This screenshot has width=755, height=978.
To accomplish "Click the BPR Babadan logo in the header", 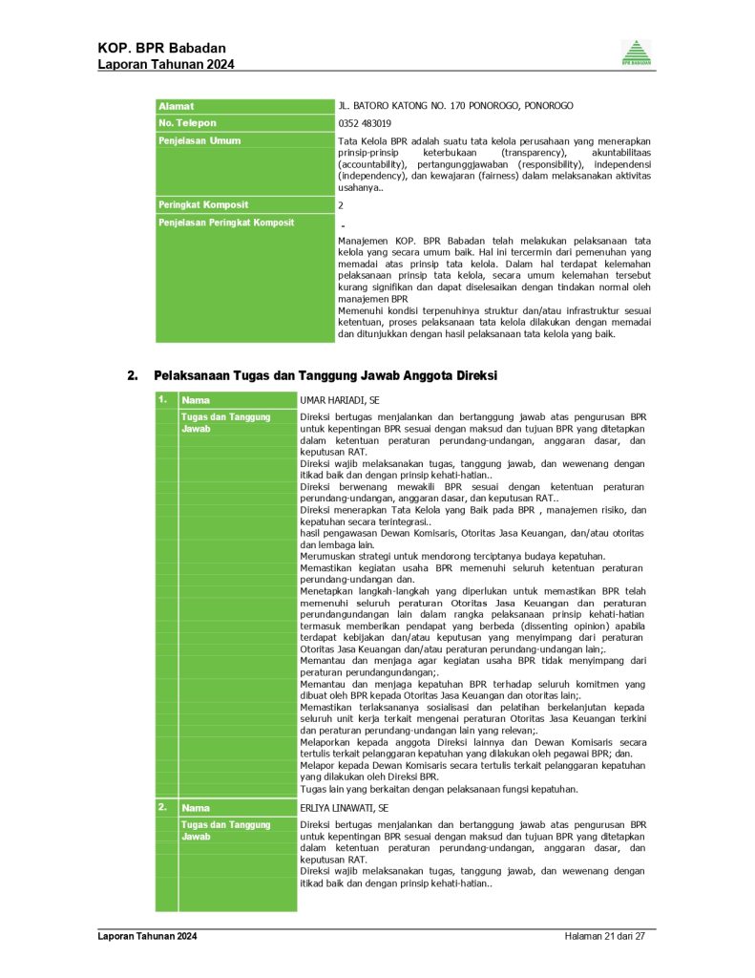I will coord(636,53).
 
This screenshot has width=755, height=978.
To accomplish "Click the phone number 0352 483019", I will coord(365,123).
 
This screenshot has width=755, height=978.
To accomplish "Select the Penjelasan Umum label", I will coord(199,140).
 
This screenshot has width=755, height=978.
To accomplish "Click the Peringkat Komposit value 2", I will coord(342,205).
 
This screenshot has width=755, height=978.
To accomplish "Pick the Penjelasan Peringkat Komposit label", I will coord(226,223).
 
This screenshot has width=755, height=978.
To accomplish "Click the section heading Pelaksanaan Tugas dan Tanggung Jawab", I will coord(325,375).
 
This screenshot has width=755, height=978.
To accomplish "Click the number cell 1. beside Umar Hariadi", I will coord(164,400).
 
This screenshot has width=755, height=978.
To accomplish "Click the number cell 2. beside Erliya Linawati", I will coord(164,808).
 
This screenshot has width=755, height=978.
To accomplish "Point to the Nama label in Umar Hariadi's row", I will coord(196,400).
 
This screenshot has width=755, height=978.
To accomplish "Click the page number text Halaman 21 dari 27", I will coord(605,937).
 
